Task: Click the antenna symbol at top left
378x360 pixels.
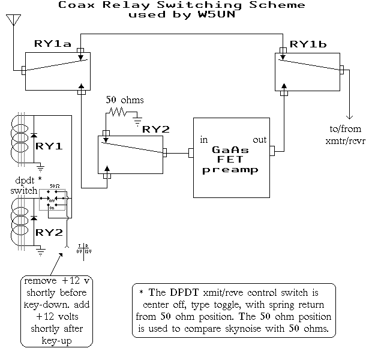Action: [x=11, y=22]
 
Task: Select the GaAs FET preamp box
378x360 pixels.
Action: [x=233, y=157]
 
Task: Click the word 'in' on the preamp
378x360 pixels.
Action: [x=204, y=140]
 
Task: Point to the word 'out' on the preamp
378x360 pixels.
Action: [x=259, y=140]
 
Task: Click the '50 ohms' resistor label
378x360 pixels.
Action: [x=124, y=99]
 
